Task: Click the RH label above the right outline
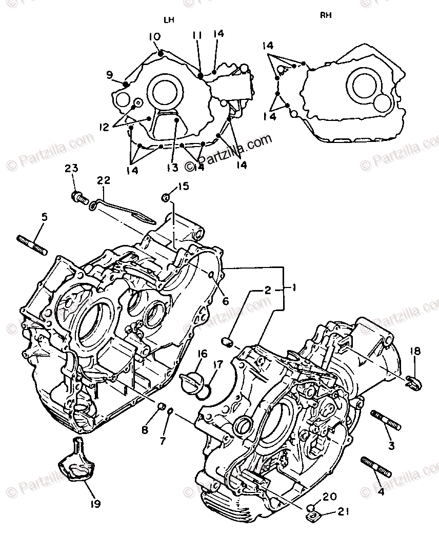click(x=326, y=15)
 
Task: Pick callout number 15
click(x=184, y=186)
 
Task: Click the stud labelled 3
click(x=384, y=419)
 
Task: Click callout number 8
click(x=145, y=429)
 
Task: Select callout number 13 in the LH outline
click(x=170, y=167)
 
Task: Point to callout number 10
click(x=154, y=37)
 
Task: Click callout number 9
click(x=109, y=75)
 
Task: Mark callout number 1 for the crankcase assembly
click(x=294, y=289)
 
